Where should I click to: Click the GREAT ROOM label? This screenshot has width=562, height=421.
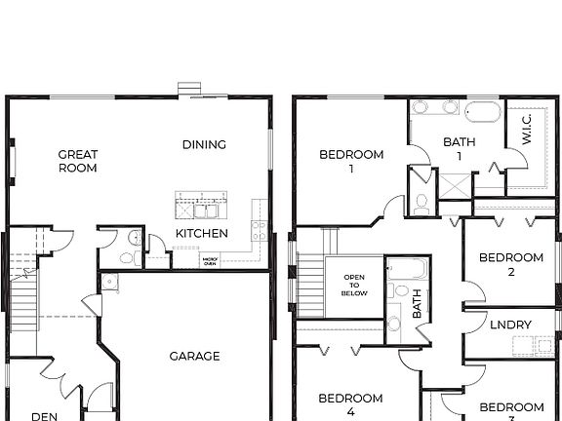click(77, 161)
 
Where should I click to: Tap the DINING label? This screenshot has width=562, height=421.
click(204, 144)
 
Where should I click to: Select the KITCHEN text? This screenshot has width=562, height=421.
click(202, 233)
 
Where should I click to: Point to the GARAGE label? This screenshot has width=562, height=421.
click(195, 356)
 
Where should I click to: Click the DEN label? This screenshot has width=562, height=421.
click(44, 416)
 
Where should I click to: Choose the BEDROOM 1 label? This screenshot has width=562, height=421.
click(351, 161)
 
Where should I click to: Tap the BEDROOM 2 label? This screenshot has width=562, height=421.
click(510, 264)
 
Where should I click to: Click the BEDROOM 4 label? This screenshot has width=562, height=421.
click(350, 403)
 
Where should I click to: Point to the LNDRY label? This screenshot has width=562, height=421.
click(510, 325)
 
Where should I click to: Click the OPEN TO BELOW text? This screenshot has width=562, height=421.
click(354, 285)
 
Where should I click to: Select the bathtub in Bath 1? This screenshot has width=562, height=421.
click(482, 109)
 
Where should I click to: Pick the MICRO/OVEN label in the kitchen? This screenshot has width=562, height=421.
click(209, 261)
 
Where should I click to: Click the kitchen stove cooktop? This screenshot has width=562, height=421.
click(260, 230)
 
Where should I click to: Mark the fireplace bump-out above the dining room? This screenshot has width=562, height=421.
click(189, 90)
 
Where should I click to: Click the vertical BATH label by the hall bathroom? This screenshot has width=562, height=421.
click(417, 308)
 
